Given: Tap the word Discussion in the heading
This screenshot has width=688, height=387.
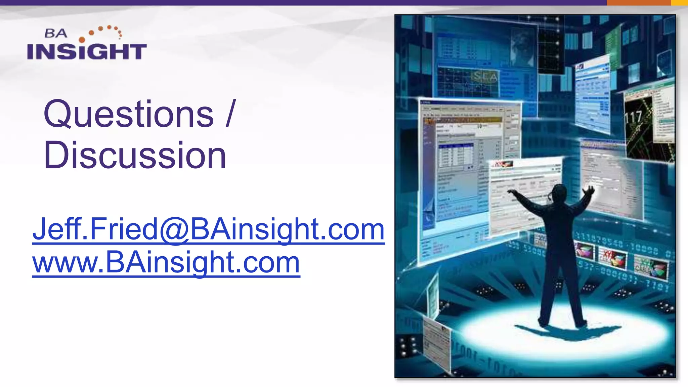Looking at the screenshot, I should [135, 155].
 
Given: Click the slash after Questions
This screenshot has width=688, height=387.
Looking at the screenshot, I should [230, 114].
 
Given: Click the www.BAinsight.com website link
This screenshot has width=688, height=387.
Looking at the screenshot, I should [166, 263].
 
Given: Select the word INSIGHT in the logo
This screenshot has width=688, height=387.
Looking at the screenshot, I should [87, 51].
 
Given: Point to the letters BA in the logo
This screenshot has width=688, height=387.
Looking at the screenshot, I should [56, 33].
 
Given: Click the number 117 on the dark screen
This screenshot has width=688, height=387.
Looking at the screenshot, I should [633, 118].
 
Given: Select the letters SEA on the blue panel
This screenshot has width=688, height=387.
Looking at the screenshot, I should [484, 77].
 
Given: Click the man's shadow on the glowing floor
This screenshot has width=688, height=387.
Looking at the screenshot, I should [564, 331].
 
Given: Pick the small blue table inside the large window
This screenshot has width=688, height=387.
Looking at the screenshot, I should [456, 155].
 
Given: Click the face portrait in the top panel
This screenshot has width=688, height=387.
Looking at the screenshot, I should [522, 47].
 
